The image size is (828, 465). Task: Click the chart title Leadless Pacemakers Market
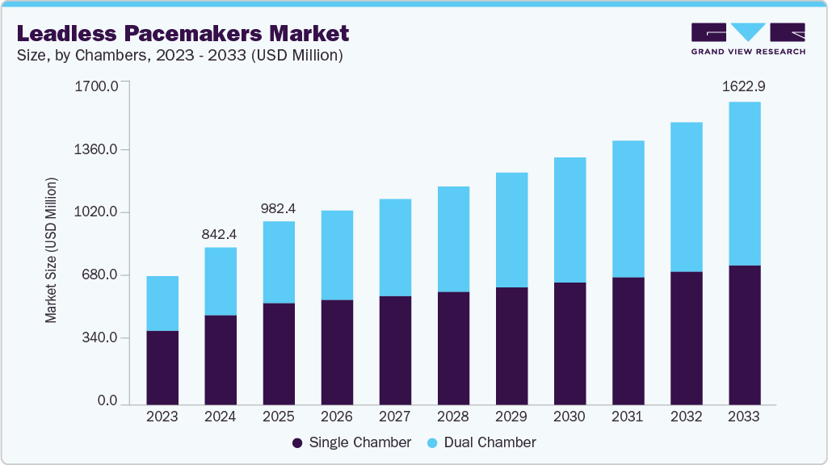(x=183, y=33)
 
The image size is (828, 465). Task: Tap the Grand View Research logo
(x=748, y=38)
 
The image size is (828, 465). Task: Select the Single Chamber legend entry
(x=351, y=442)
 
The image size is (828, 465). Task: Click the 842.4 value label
(x=221, y=234)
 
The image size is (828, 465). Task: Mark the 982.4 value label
(x=279, y=208)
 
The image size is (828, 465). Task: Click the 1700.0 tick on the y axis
(x=96, y=86)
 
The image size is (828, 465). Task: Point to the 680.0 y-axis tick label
(x=99, y=275)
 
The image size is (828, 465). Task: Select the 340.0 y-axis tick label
(x=99, y=337)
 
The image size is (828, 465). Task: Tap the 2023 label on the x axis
(x=162, y=417)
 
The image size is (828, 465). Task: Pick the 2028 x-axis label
(x=453, y=417)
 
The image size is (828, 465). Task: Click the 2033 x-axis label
(x=744, y=417)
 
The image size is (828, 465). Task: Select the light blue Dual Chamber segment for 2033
(x=744, y=183)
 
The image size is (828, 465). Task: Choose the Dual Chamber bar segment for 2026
(x=337, y=255)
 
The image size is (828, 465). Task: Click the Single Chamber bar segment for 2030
(x=570, y=343)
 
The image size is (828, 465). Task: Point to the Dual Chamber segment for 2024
(x=221, y=281)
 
